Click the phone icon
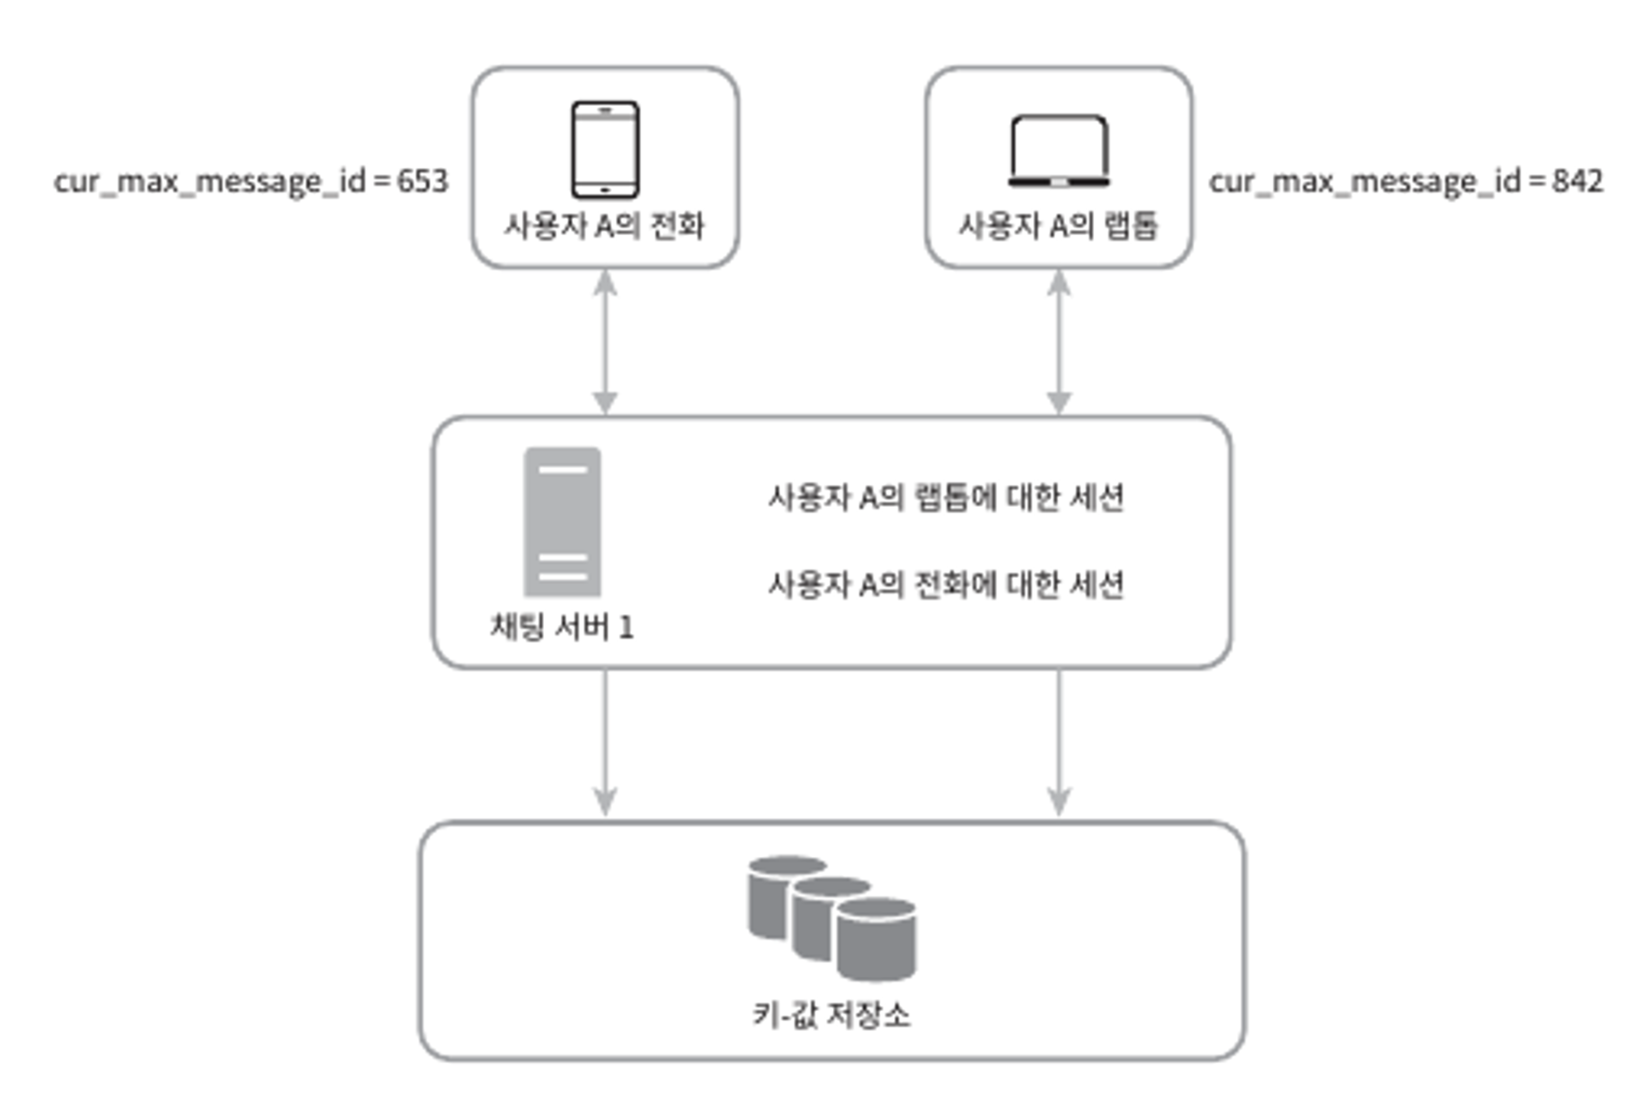[605, 150]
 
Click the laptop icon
[1058, 151]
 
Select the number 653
[422, 181]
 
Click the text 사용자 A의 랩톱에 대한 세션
[946, 498]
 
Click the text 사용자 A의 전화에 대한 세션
[946, 584]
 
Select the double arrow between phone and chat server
[605, 341]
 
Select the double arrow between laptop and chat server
[1058, 341]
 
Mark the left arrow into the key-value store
[605, 742]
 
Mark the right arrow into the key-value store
[1058, 742]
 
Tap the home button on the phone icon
[605, 189]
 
